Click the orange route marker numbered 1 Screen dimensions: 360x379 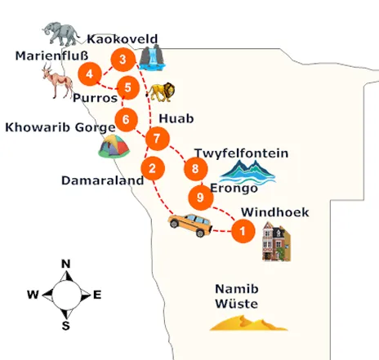241,231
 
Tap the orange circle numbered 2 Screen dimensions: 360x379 151,170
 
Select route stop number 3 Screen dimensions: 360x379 122,59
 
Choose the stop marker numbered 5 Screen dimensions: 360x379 127,87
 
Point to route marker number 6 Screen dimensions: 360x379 125,119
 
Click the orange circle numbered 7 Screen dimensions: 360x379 155,139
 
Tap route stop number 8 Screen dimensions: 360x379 194,170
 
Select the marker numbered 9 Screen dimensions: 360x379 200,197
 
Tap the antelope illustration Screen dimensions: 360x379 56,82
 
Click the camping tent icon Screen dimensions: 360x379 114,147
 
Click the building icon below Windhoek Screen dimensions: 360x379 275,242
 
